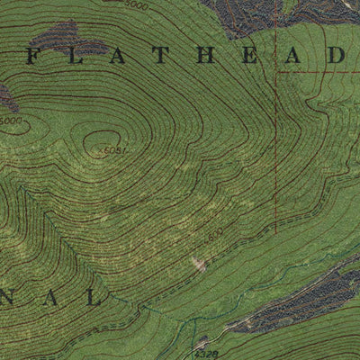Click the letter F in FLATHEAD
pyautogui.click(x=33, y=55)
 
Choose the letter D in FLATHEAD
pyautogui.click(x=334, y=55)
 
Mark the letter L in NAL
pyautogui.click(x=94, y=298)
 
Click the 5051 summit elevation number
pyautogui.click(x=114, y=149)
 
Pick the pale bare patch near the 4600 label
pyautogui.click(x=198, y=264)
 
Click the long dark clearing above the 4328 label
pyautogui.click(x=297, y=301)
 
